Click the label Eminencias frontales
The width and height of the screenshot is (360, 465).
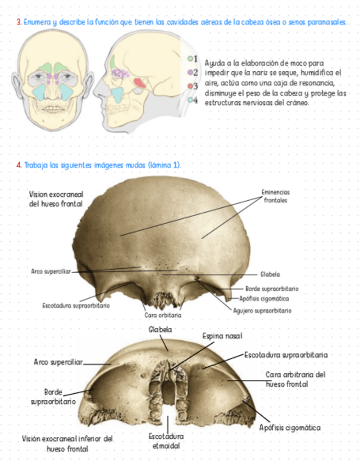275,196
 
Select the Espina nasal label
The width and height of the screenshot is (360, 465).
222,336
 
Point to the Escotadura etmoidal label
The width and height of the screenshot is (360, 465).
166,441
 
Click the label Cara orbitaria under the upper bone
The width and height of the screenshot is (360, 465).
162,315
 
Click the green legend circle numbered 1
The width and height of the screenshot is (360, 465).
190,58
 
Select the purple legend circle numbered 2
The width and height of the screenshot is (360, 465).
190,72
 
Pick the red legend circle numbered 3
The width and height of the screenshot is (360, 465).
190,86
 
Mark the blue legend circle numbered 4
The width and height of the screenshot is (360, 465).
190,100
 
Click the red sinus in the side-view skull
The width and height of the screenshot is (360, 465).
140,83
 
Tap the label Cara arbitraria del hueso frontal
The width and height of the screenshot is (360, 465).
296,379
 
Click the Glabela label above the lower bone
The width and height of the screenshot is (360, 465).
160,330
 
